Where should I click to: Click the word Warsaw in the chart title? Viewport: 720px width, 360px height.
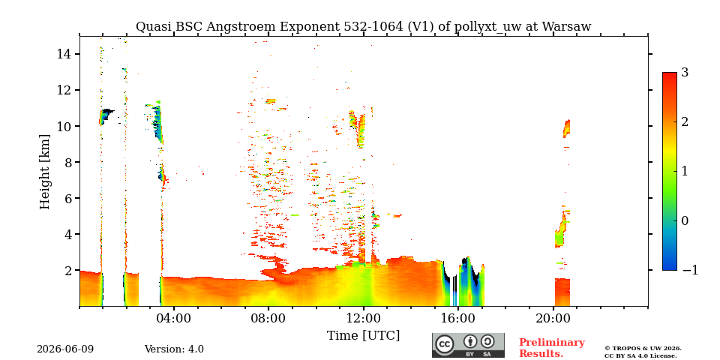click(566, 27)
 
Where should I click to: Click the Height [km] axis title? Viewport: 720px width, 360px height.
click(44, 172)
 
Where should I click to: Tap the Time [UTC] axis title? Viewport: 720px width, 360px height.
click(363, 336)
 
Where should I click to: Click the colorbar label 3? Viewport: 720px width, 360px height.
click(685, 73)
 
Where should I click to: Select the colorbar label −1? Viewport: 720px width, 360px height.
click(690, 271)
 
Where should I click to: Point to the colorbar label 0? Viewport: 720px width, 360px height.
click(685, 220)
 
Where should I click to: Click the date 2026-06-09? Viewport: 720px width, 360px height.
click(65, 349)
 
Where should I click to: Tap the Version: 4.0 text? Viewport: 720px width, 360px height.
click(174, 349)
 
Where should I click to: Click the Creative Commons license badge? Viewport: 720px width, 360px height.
click(468, 345)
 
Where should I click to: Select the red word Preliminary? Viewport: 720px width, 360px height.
click(552, 343)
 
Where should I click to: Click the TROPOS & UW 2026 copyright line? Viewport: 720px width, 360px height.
click(643, 349)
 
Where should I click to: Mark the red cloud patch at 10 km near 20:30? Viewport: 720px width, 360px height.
click(567, 128)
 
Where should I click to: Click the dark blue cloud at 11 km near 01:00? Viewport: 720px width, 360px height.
click(106, 115)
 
